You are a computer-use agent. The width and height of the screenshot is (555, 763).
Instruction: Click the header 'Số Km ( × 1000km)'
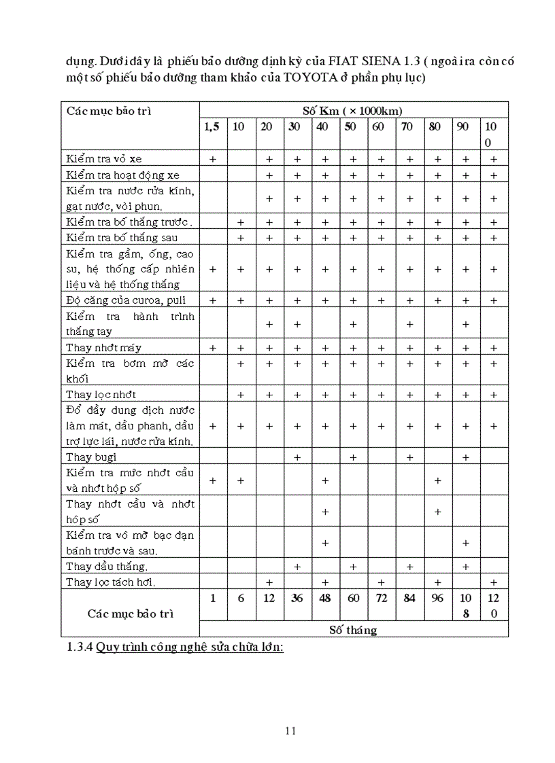[x=354, y=110]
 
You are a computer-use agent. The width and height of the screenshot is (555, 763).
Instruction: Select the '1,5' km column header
[x=212, y=126]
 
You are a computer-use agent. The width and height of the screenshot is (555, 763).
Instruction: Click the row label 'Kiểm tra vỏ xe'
[x=104, y=158]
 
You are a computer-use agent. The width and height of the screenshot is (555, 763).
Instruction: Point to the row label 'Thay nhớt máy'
[x=103, y=348]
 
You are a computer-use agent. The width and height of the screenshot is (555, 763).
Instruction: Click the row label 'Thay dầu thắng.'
[x=107, y=566]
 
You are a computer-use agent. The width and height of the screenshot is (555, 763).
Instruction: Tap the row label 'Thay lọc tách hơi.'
[x=111, y=582]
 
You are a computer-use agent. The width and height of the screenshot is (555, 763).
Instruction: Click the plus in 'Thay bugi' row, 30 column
[x=297, y=457]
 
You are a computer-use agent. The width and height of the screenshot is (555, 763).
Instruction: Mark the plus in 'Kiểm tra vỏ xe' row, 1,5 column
[x=213, y=159]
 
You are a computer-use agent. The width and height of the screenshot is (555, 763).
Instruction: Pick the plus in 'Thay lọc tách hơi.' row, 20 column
[x=269, y=582]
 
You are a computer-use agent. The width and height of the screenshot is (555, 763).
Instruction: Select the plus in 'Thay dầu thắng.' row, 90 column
[x=466, y=566]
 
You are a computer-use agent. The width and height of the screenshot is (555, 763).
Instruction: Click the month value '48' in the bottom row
[x=325, y=598]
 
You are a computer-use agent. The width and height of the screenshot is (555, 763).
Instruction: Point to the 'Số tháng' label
[x=353, y=630]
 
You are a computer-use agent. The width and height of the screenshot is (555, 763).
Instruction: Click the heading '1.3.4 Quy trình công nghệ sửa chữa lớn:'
[x=175, y=647]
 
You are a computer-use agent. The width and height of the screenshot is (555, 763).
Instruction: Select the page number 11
[x=290, y=731]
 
